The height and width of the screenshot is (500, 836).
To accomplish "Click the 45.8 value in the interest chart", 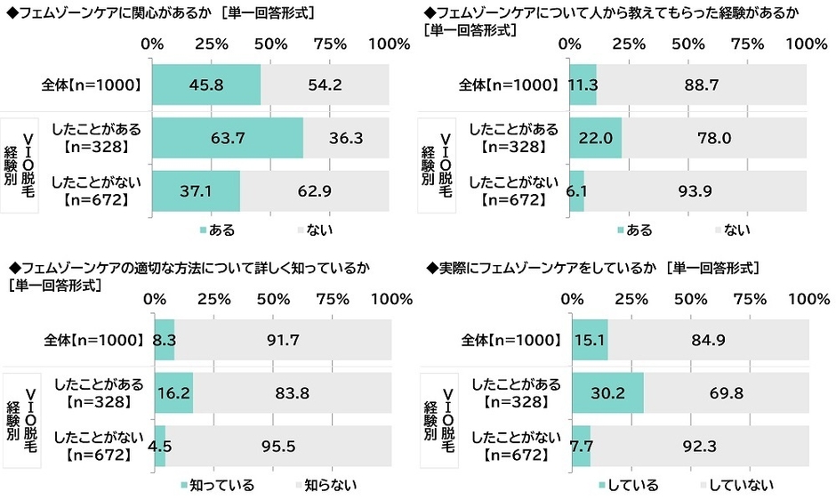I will (206, 85).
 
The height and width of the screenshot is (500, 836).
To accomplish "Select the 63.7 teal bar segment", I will (228, 138).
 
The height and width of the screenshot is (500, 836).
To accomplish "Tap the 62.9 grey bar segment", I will (314, 190).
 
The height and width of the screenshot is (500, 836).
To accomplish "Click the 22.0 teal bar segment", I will (595, 138).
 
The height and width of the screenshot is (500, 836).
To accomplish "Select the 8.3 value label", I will (165, 340).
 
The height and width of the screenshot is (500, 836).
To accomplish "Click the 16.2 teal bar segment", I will (173, 392).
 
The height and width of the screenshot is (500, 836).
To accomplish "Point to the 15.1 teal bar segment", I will (590, 340).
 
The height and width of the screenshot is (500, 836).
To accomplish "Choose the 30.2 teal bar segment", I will (607, 392).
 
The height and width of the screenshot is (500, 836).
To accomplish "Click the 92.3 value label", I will (700, 445).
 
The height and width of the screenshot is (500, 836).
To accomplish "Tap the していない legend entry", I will (742, 485).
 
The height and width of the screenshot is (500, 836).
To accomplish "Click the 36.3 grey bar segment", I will (345, 138).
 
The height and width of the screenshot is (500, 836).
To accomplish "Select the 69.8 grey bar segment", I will (726, 392).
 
